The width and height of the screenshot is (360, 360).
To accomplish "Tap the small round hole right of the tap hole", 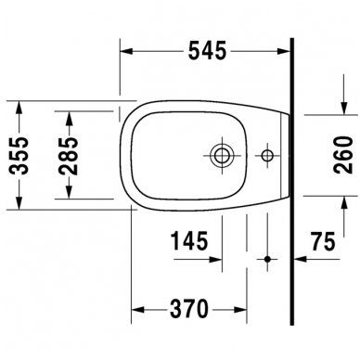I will pos(267,153).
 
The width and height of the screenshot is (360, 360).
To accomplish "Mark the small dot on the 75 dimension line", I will pos(267,257).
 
